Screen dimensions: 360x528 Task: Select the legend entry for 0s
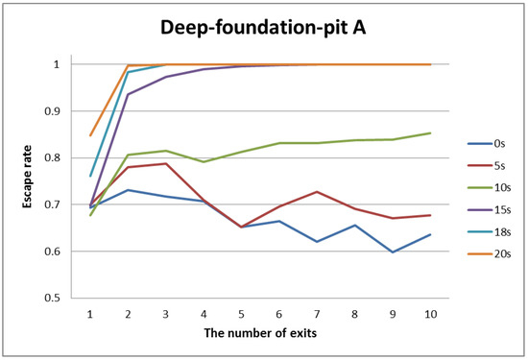(499, 144)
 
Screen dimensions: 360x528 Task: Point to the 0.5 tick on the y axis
(63, 299)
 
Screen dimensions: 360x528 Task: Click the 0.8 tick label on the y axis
(63, 158)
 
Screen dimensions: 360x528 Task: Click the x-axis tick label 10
(430, 312)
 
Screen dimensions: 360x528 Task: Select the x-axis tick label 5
(241, 312)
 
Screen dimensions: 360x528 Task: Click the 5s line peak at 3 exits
(166, 163)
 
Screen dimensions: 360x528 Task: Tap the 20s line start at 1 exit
(90, 135)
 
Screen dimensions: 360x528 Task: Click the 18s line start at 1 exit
(90, 176)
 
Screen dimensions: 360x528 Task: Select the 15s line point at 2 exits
(128, 94)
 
